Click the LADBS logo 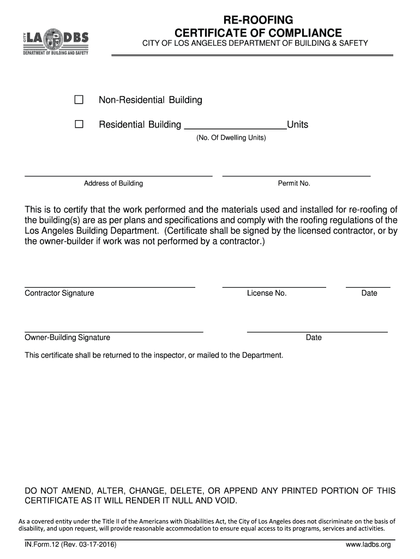click(x=56, y=42)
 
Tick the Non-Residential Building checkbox click(x=79, y=100)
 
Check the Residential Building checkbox click(x=79, y=124)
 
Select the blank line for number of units click(x=236, y=127)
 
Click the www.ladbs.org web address click(x=368, y=545)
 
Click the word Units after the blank click(x=298, y=125)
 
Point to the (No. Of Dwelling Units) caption click(x=231, y=138)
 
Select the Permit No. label click(x=294, y=183)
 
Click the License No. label click(x=267, y=293)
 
